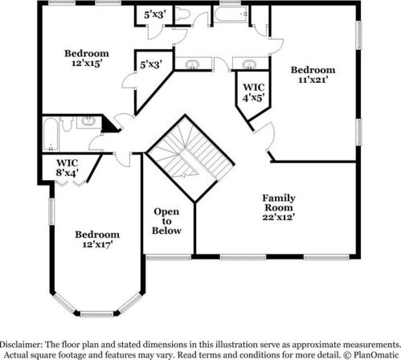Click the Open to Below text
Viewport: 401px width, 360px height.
pos(167,221)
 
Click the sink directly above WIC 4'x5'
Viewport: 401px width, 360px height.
pos(247,63)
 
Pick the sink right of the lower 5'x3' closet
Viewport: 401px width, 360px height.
pos(193,64)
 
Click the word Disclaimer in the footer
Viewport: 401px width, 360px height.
pos(27,341)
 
